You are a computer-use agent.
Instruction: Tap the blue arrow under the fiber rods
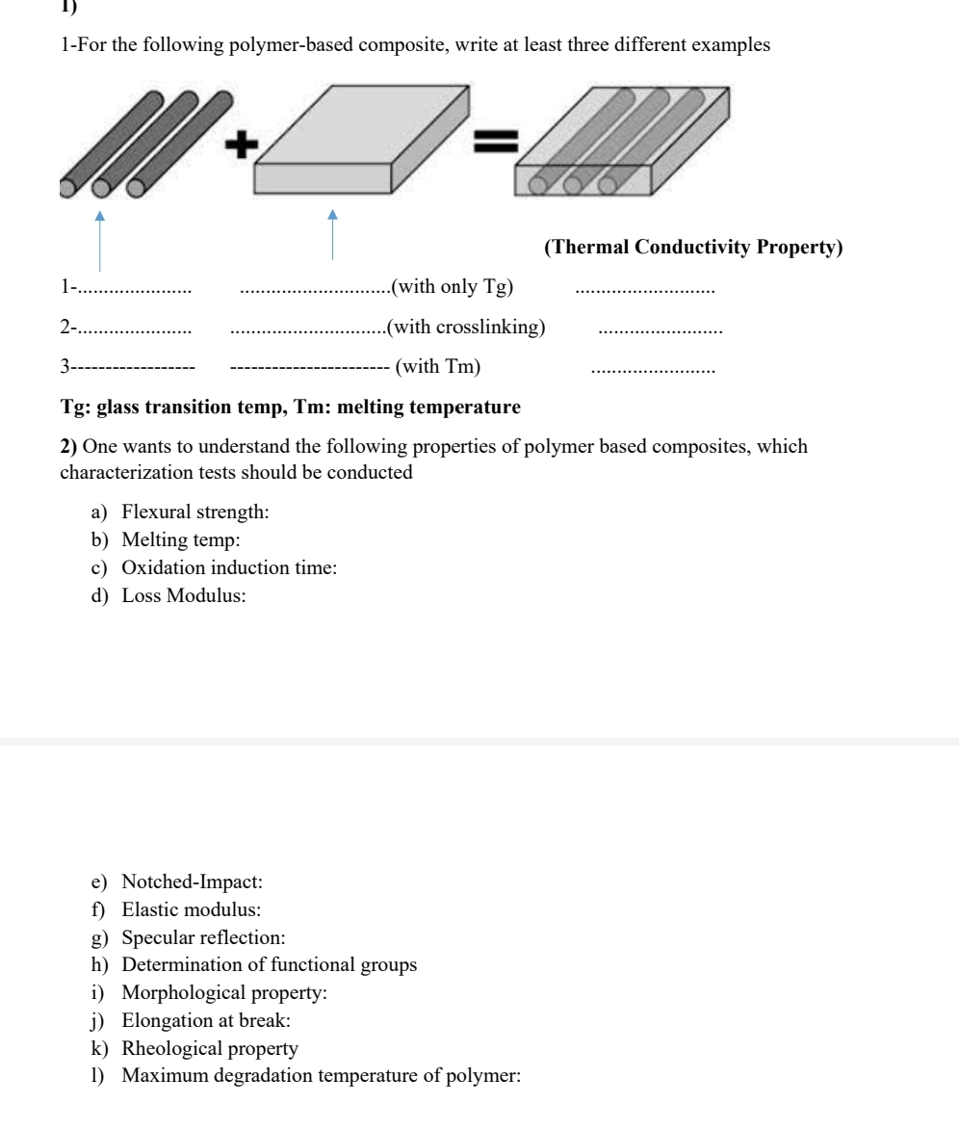[100, 236]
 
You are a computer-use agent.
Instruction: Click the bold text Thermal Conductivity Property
[693, 248]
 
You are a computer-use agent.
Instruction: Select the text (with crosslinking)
[466, 327]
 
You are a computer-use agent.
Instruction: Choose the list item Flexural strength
[194, 513]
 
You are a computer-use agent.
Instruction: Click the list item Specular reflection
[201, 936]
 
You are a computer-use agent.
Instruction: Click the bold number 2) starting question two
[68, 447]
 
